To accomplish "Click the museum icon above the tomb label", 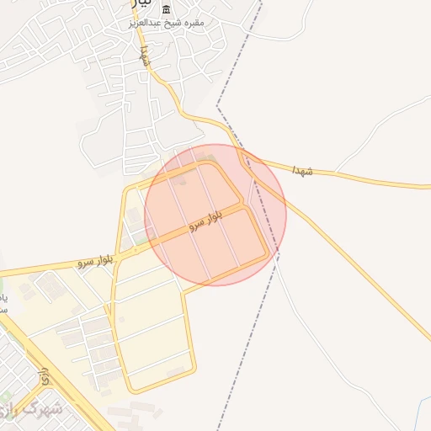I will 166,9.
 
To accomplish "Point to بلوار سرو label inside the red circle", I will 205,222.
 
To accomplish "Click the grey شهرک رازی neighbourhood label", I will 34,410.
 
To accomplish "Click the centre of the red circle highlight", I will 215,215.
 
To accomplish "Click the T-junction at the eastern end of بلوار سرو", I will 247,204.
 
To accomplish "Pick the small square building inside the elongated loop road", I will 176,370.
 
